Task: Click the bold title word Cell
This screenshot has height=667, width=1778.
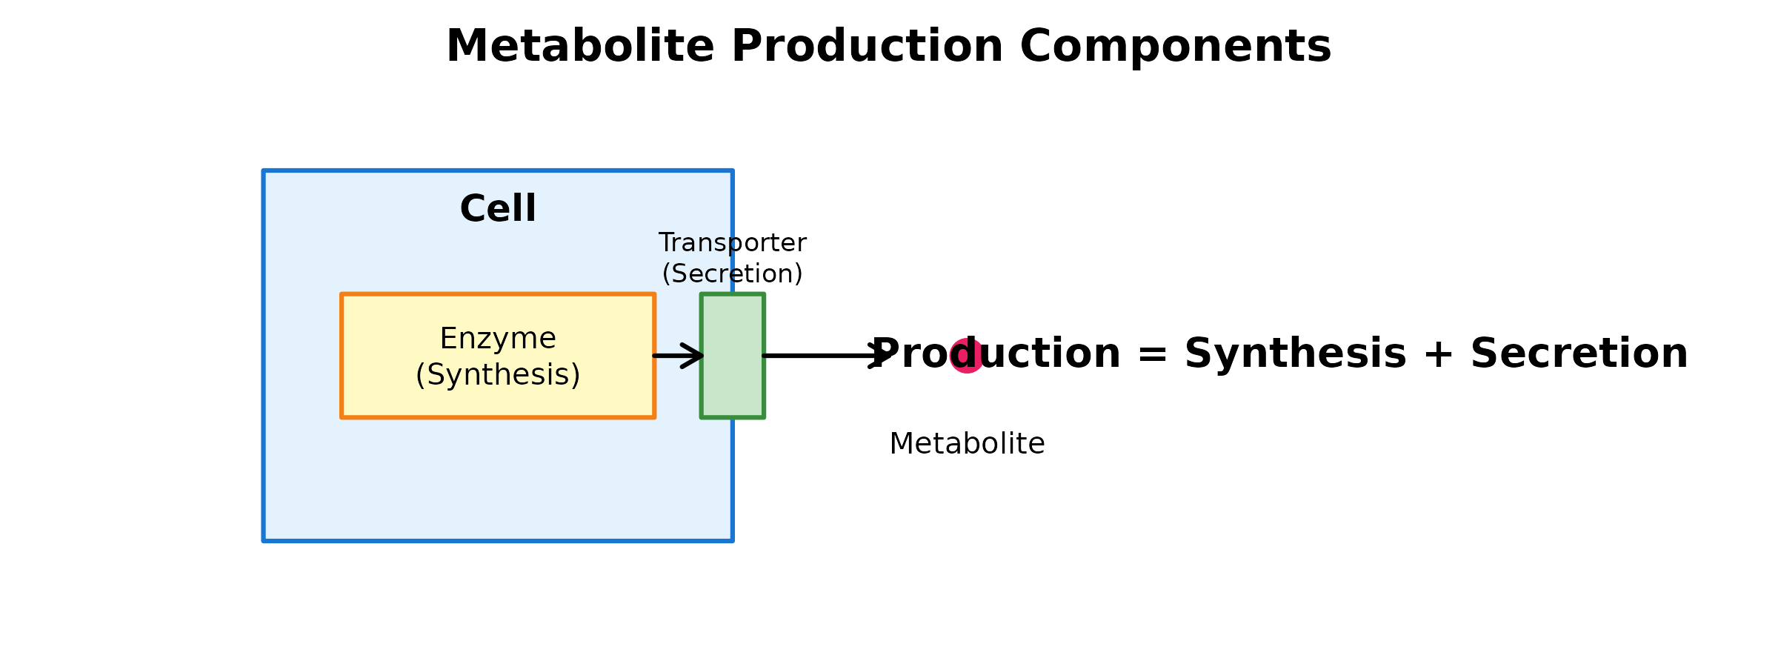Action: (x=498, y=209)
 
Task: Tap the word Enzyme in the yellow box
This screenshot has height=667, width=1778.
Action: (x=498, y=339)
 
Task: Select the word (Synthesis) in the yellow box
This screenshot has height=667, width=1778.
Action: (x=498, y=375)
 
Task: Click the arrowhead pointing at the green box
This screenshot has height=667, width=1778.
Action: (x=695, y=356)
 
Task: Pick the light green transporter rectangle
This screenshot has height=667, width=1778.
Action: (x=733, y=356)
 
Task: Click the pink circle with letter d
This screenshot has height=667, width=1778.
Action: (x=965, y=356)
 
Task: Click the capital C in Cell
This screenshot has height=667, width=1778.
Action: (x=474, y=209)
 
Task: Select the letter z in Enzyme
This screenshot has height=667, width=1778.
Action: (x=485, y=340)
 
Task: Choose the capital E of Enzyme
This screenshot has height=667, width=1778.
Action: (x=447, y=339)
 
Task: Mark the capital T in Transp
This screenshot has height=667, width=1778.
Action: (x=667, y=243)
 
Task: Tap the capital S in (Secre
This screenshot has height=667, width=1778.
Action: (x=680, y=274)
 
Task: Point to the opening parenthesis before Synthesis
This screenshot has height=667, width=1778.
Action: (x=420, y=376)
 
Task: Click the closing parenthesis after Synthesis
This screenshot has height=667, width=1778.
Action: (x=576, y=376)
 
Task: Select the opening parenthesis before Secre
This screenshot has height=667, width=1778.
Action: (x=666, y=274)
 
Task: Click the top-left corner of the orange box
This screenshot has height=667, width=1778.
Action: (x=342, y=295)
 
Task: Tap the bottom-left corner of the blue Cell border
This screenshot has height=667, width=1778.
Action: (x=264, y=540)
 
